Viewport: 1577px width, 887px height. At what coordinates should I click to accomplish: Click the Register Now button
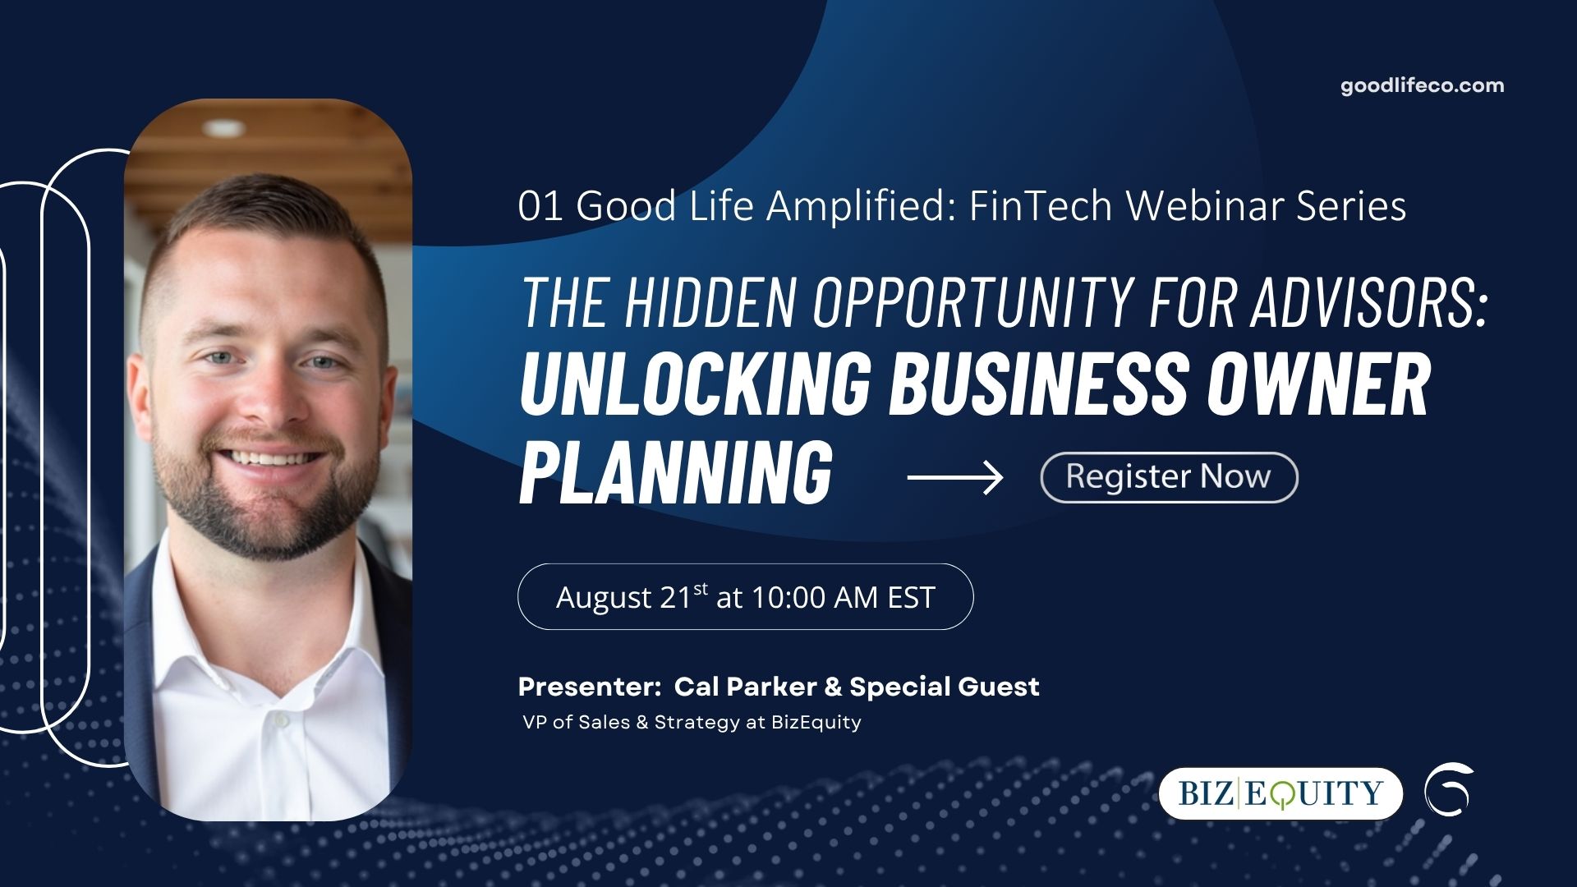tap(1169, 477)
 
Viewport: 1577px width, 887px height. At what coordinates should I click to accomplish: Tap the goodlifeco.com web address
tap(1423, 85)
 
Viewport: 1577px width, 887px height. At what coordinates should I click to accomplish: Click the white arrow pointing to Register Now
tap(955, 477)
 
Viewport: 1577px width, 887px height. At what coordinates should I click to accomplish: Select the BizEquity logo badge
tap(1280, 793)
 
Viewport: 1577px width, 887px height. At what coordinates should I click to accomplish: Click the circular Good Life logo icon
tap(1450, 789)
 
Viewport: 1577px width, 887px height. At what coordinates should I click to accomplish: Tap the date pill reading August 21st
tap(745, 596)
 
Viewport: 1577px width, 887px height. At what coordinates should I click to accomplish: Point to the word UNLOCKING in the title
tap(694, 383)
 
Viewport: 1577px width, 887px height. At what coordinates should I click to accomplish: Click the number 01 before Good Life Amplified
tap(540, 206)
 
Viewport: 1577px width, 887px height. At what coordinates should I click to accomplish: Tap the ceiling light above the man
tap(223, 127)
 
